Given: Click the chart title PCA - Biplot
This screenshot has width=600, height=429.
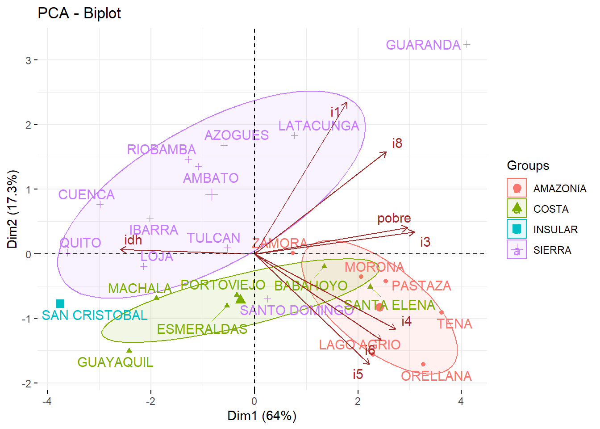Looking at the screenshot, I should [x=79, y=13].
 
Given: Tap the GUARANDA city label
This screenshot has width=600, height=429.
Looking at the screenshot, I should [x=423, y=45].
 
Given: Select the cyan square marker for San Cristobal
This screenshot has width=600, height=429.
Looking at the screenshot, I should [x=60, y=304].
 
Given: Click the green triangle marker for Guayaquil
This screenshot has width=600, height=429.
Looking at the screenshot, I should [x=129, y=351].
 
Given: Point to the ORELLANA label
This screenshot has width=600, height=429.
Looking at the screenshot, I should [x=436, y=376].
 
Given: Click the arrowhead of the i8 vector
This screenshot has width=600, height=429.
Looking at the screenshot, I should [x=385, y=153].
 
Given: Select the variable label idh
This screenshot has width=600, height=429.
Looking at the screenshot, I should [x=133, y=240].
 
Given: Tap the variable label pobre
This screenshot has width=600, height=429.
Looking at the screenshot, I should [x=394, y=219].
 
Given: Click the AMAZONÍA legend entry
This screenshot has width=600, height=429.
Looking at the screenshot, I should [x=559, y=189].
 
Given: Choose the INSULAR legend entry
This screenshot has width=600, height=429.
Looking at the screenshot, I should [x=555, y=230].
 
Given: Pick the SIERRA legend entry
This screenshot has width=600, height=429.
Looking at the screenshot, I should [x=552, y=250].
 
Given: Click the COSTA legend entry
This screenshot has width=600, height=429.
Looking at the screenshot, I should [x=551, y=209].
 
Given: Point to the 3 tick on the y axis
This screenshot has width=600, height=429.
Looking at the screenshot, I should [x=29, y=60].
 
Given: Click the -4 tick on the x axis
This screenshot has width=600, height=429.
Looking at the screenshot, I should [x=47, y=401].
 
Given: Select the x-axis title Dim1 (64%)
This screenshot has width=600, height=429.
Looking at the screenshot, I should [x=262, y=416].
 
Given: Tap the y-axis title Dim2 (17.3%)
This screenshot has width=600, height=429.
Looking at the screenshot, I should [x=12, y=209].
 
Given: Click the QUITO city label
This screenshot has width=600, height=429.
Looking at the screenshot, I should [x=80, y=243].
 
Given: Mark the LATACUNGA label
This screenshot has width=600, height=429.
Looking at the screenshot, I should [x=319, y=126].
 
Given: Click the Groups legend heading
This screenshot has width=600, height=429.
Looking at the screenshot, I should [x=528, y=166].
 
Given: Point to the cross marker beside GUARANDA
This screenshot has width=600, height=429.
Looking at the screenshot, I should [x=467, y=44].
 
